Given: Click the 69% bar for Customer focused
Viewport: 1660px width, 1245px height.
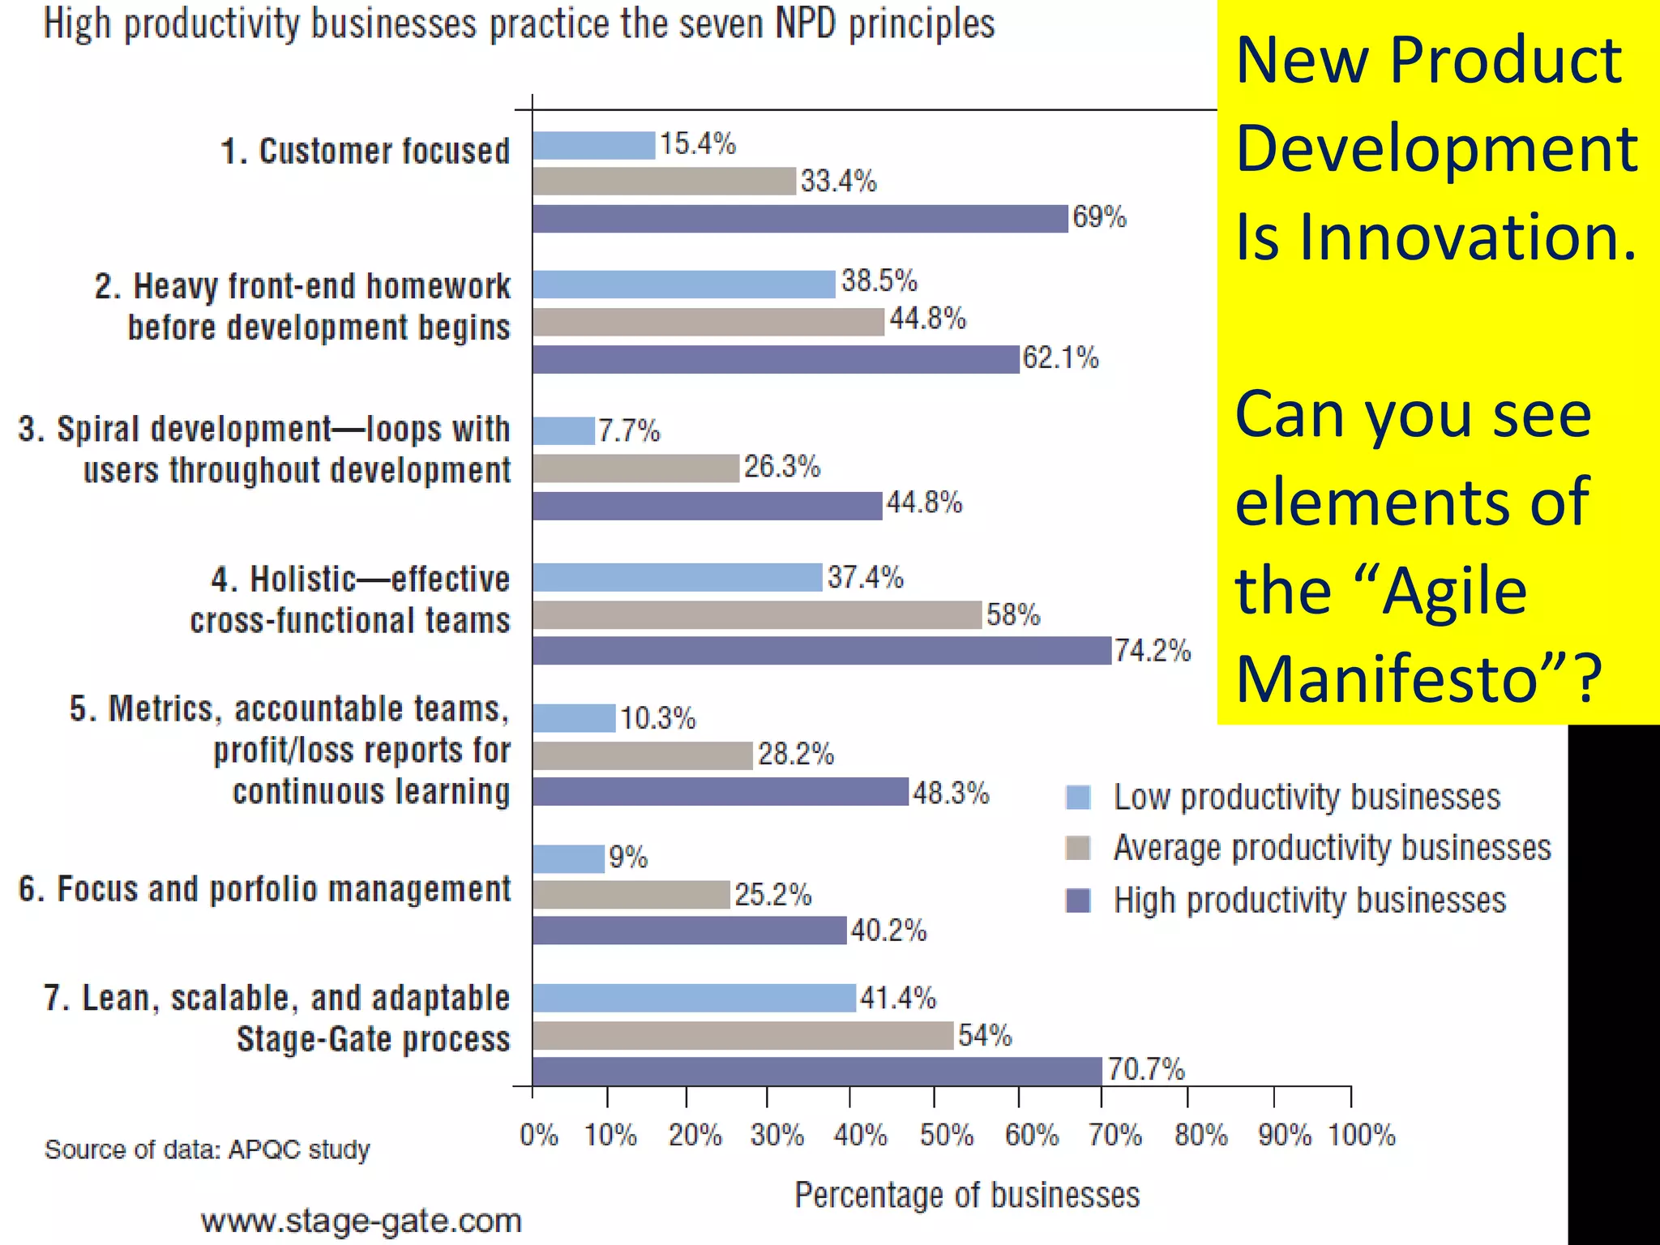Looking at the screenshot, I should (800, 219).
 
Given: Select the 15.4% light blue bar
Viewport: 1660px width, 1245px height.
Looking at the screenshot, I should (593, 146).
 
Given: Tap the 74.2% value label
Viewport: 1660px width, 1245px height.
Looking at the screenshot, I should (1152, 651).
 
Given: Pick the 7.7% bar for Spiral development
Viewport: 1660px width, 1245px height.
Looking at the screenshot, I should (564, 431).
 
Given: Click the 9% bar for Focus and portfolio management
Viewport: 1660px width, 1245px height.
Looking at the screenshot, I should (569, 859).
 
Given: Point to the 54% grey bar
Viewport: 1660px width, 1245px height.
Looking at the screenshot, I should (742, 1036).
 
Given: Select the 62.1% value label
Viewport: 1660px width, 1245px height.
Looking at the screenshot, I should (1060, 358).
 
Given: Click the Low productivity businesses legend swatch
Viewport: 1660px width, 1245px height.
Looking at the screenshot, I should (1078, 798).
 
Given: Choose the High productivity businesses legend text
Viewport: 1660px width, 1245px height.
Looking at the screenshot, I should (1309, 901).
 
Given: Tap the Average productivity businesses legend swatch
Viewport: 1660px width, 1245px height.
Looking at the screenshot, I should (1078, 849).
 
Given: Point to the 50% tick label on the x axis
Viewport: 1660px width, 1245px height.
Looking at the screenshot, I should (946, 1136).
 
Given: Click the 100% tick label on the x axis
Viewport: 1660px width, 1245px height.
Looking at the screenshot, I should (1361, 1136).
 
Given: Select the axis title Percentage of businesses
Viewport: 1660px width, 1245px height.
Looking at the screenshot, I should (966, 1196).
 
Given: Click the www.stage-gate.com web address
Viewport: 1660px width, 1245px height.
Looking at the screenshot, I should (362, 1221).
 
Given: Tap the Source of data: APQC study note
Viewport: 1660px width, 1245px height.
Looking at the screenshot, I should (207, 1149).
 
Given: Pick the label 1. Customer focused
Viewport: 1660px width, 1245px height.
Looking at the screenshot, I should (365, 152).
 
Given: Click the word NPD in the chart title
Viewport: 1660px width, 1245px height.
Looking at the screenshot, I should (805, 24).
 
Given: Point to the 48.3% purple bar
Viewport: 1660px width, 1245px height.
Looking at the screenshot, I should (721, 792).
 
